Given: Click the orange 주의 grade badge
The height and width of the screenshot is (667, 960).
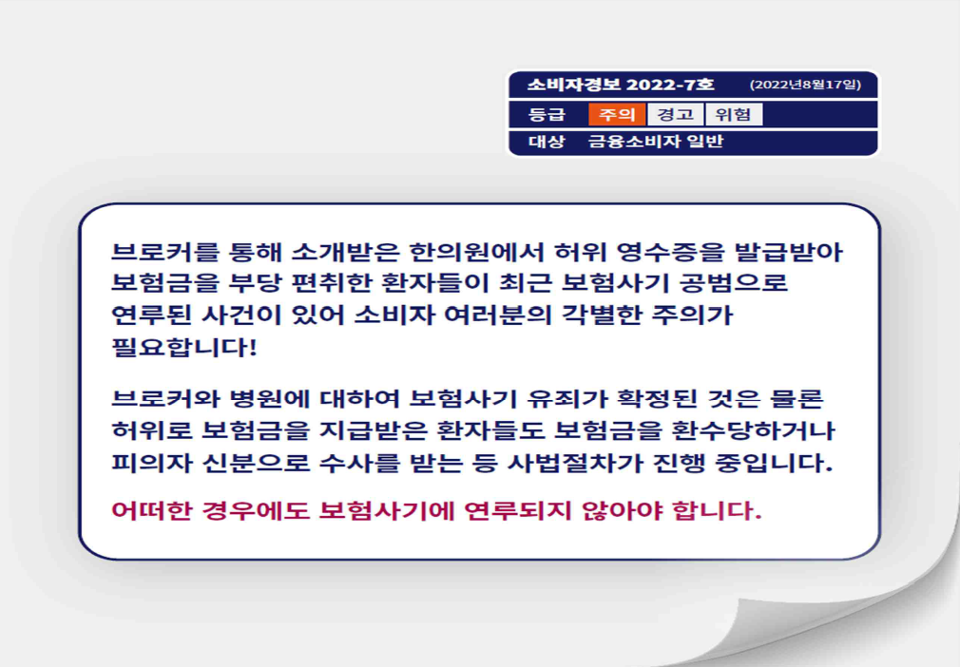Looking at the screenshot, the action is [x=617, y=114].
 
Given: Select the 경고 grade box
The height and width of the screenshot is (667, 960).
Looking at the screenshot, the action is [x=675, y=114].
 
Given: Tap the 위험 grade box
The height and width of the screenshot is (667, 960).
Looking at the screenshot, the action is [x=734, y=114].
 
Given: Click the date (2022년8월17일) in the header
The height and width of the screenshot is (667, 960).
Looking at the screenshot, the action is [x=805, y=85].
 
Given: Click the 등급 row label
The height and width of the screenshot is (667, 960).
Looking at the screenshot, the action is [x=547, y=114].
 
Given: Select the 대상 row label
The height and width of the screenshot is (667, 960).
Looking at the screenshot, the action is [x=547, y=142].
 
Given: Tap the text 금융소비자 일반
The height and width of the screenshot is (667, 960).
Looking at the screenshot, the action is [x=656, y=142].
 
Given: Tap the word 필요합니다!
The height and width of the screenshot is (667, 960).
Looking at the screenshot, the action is [x=184, y=347].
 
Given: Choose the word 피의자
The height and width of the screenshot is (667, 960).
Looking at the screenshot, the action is [x=150, y=463].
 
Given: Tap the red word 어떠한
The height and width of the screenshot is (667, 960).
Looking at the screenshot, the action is [x=150, y=510].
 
